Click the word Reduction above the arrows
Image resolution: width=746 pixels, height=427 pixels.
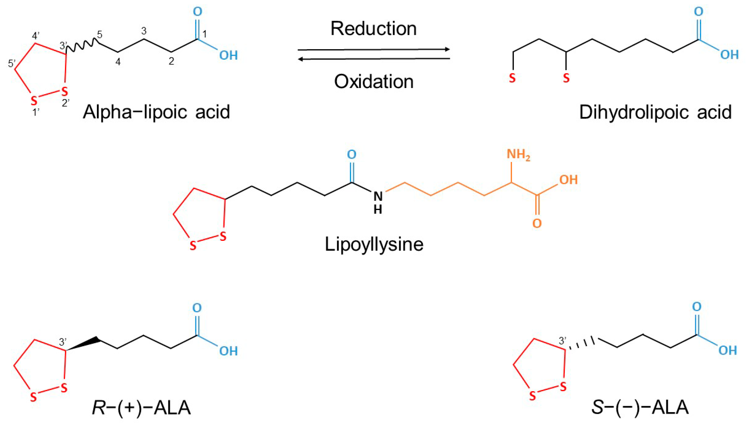click(x=374, y=28)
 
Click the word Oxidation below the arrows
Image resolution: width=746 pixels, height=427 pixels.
click(x=374, y=82)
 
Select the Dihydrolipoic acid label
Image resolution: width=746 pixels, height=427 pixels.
click(x=655, y=112)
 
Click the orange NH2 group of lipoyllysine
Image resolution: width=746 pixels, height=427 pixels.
click(x=518, y=154)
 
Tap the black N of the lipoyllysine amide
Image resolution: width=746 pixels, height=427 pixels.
click(x=378, y=196)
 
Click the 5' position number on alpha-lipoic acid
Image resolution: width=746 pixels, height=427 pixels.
click(x=12, y=63)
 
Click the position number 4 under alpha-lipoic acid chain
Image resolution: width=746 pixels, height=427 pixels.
click(x=118, y=62)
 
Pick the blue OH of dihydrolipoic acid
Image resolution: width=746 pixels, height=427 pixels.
click(x=729, y=55)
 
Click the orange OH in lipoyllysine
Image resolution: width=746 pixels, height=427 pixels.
click(x=568, y=180)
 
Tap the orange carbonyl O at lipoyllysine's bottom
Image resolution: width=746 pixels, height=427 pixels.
click(x=537, y=223)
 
